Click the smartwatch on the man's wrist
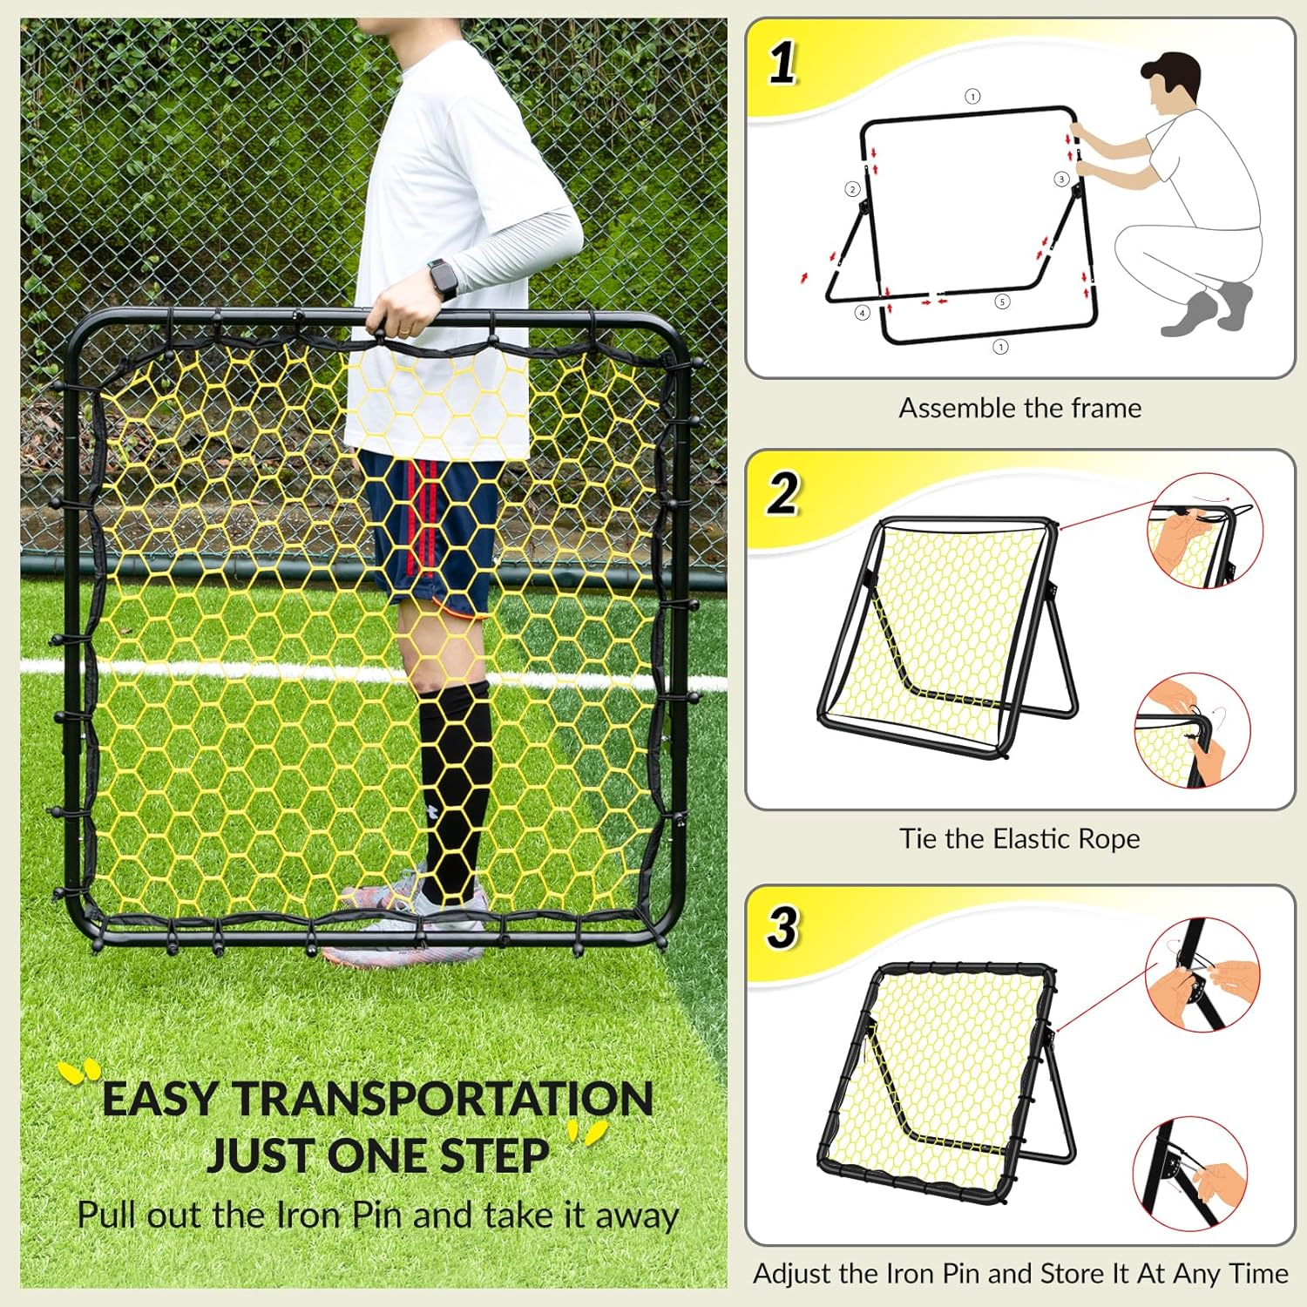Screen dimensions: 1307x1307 pyautogui.click(x=444, y=279)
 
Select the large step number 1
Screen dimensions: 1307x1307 pyautogui.click(x=782, y=64)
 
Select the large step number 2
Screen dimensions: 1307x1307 pyautogui.click(x=782, y=494)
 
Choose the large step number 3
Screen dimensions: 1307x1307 pyautogui.click(x=782, y=927)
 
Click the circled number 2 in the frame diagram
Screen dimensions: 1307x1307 pyautogui.click(x=852, y=189)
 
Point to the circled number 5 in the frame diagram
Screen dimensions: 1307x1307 pyautogui.click(x=1002, y=301)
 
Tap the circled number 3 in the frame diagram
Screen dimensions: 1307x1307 pyautogui.click(x=1060, y=179)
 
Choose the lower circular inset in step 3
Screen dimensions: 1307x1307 pyautogui.click(x=1190, y=1174)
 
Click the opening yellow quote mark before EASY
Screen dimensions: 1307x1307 pyautogui.click(x=80, y=1071)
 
